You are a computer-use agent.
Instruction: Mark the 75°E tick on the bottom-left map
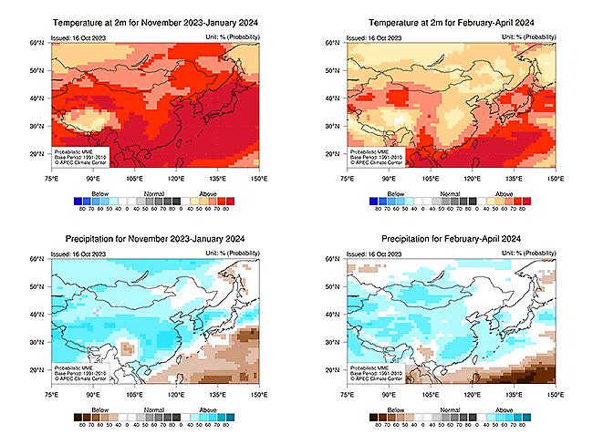click(x=50, y=397)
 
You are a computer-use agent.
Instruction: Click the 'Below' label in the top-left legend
click(x=94, y=192)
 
